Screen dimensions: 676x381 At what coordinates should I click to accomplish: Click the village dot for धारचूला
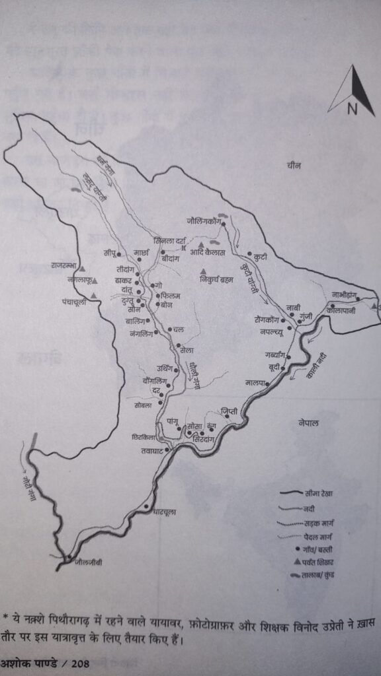pyautogui.click(x=146, y=507)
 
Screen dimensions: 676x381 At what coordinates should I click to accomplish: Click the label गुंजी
pyautogui.click(x=305, y=318)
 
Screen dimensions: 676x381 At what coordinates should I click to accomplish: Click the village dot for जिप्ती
pyautogui.click(x=227, y=416)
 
